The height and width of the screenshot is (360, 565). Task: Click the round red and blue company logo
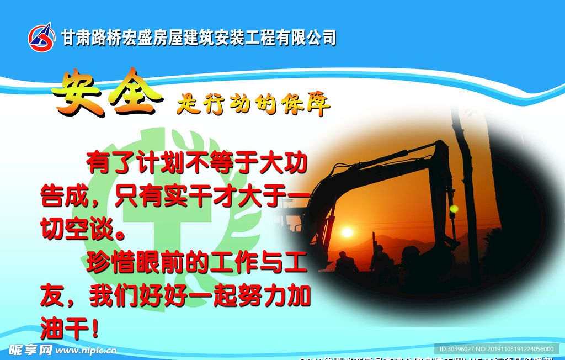[x=42, y=37]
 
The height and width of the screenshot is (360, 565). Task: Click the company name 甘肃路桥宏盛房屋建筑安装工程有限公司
[x=198, y=38]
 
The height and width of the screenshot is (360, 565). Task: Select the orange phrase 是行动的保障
[x=253, y=103]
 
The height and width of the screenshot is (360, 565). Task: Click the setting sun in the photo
[x=347, y=232]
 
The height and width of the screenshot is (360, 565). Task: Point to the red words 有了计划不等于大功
[x=196, y=163]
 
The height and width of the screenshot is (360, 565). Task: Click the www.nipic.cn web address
[x=86, y=350]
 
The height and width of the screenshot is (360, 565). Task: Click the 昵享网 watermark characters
[x=30, y=350]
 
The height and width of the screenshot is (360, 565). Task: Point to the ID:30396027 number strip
[x=496, y=349]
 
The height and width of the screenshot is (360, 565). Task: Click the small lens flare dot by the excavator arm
[x=454, y=209]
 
